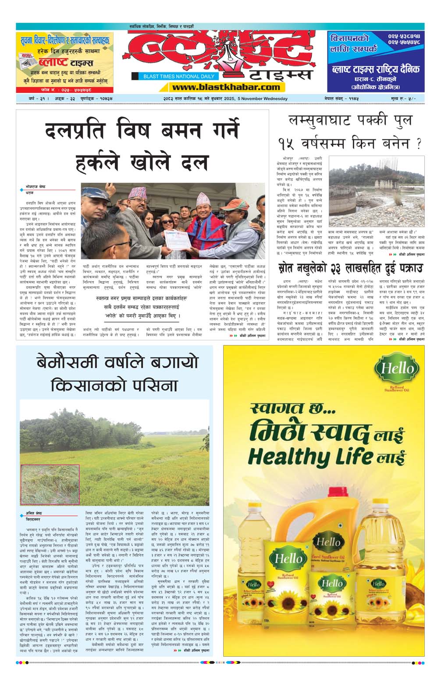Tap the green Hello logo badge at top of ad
point(397,369)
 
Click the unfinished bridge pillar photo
point(376,191)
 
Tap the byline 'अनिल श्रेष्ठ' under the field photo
point(33,513)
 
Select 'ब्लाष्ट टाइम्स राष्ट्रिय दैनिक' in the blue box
point(376,69)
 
